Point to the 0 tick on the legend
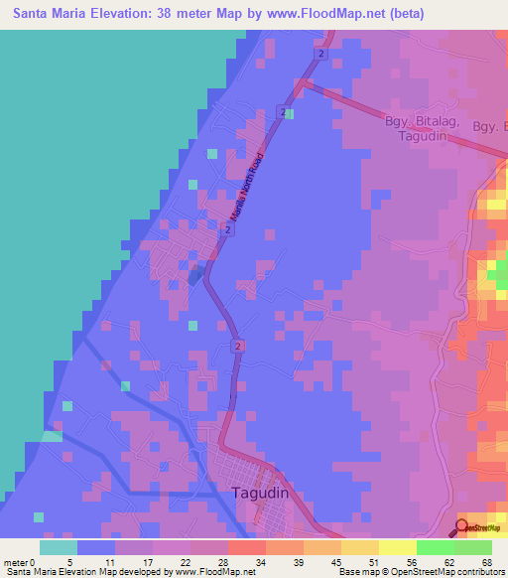[x=33, y=561]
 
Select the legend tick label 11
[x=110, y=561]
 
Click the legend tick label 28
[x=223, y=561]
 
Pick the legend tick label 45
[x=336, y=561]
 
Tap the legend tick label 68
[x=486, y=561]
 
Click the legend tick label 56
[x=412, y=561]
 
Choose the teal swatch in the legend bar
[x=59, y=547]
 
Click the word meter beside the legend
[x=14, y=561]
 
